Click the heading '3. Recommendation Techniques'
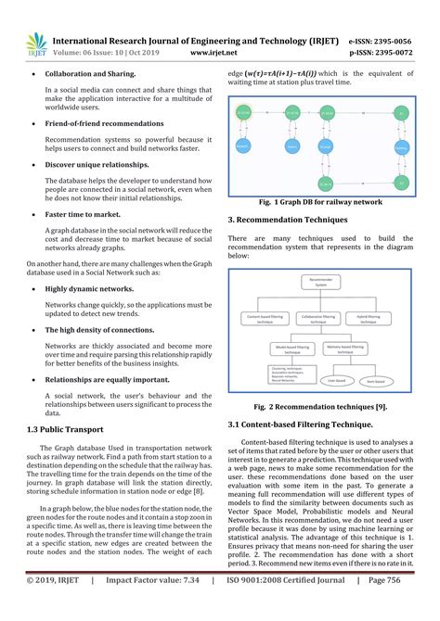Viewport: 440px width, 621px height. pos(288,219)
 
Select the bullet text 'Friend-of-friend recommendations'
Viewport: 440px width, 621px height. pos(104,123)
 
